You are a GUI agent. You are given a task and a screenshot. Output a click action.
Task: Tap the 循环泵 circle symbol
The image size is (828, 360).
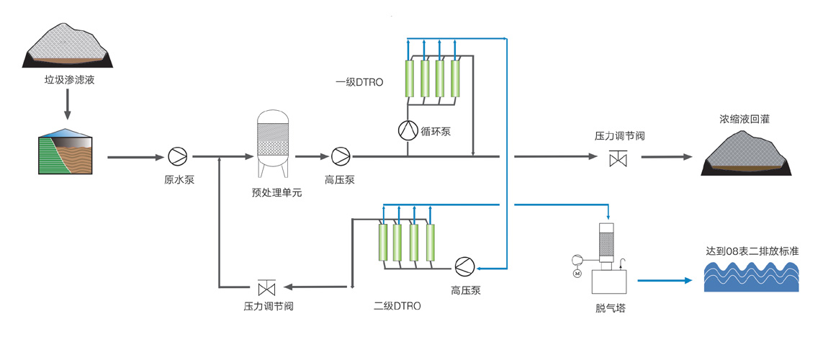408,130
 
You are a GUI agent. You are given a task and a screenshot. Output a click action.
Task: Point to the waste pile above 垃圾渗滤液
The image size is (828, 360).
68,45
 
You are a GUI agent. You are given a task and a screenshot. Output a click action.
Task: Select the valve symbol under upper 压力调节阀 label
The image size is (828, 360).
617,157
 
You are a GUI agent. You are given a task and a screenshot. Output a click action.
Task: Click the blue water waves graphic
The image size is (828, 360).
751,276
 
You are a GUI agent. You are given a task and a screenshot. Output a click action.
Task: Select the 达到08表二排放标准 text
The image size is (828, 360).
753,251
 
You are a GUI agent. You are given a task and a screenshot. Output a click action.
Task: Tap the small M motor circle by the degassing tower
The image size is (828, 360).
576,273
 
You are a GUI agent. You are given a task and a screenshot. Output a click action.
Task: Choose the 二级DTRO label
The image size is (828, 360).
397,305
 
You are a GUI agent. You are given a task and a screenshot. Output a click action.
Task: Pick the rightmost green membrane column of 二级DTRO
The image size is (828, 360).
430,243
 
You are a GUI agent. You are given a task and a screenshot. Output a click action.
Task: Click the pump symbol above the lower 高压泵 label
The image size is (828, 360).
463,266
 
